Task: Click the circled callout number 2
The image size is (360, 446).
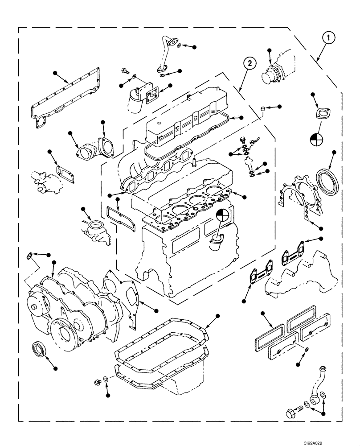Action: (250, 63)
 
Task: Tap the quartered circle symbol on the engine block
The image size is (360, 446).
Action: (222, 217)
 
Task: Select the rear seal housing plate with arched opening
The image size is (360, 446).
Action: (294, 196)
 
